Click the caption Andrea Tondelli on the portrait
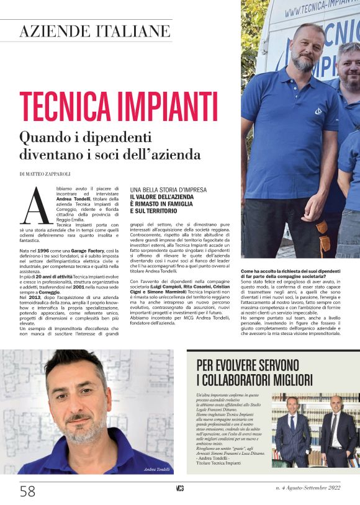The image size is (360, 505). tap(156, 470)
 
